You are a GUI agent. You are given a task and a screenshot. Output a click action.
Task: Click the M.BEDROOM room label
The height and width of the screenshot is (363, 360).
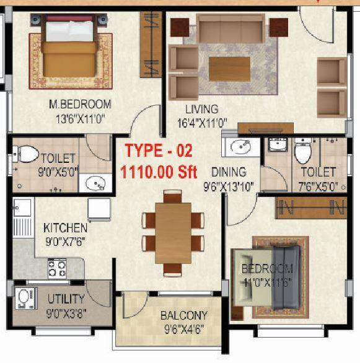[80, 104]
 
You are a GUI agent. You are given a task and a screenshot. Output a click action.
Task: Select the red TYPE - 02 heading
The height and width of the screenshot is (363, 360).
[159, 151]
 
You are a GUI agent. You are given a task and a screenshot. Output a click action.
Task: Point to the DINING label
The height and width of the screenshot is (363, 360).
[228, 172]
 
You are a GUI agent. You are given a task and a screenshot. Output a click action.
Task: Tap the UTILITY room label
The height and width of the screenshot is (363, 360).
[66, 299]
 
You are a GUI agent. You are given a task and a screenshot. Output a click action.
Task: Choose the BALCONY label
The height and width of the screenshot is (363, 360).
[184, 315]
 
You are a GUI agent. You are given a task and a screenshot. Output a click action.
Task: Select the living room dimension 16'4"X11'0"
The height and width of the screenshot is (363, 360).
[202, 123]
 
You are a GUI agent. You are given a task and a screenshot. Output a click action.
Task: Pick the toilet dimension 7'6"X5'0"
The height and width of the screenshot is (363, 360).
[318, 185]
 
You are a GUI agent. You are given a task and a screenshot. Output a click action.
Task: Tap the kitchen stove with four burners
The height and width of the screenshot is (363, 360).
[57, 268]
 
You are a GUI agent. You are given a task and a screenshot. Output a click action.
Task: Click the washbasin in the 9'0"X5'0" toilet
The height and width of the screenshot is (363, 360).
[95, 183]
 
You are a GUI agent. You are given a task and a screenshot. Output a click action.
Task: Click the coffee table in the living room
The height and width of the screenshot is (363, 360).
[229, 69]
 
